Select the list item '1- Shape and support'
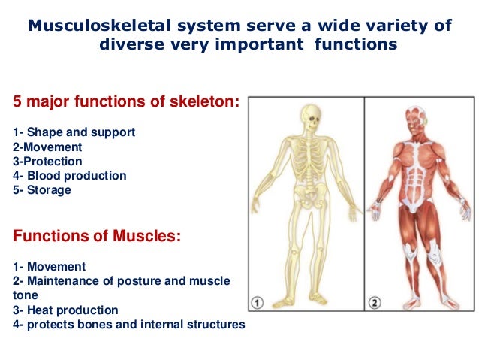click(74, 132)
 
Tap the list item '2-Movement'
click(47, 147)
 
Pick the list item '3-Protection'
click(47, 161)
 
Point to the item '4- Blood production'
click(69, 176)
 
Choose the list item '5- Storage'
click(42, 190)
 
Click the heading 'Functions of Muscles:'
click(97, 236)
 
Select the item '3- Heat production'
click(65, 310)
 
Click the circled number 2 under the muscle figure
click(374, 303)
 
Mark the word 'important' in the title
click(247, 44)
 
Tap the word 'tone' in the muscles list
click(26, 295)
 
